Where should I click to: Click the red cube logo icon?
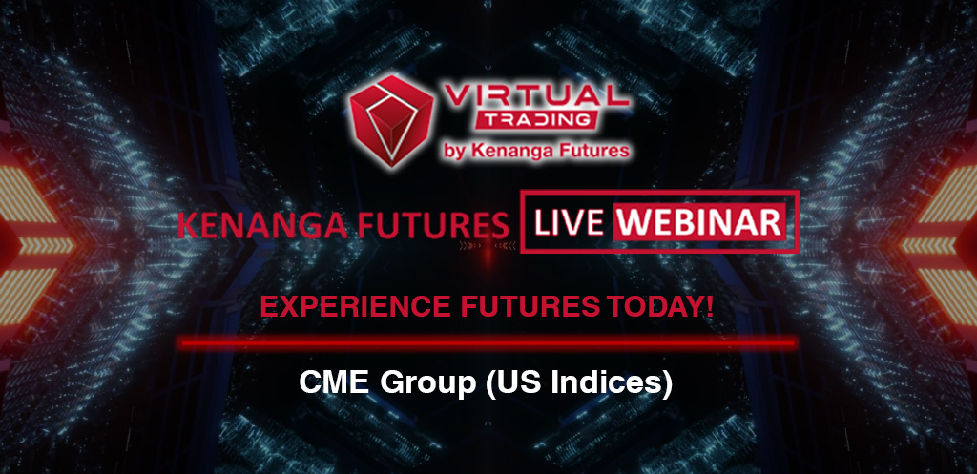(x=391, y=121)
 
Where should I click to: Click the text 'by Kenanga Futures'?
(x=536, y=150)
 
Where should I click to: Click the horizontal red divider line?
(x=488, y=342)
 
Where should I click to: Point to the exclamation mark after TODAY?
(x=710, y=306)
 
